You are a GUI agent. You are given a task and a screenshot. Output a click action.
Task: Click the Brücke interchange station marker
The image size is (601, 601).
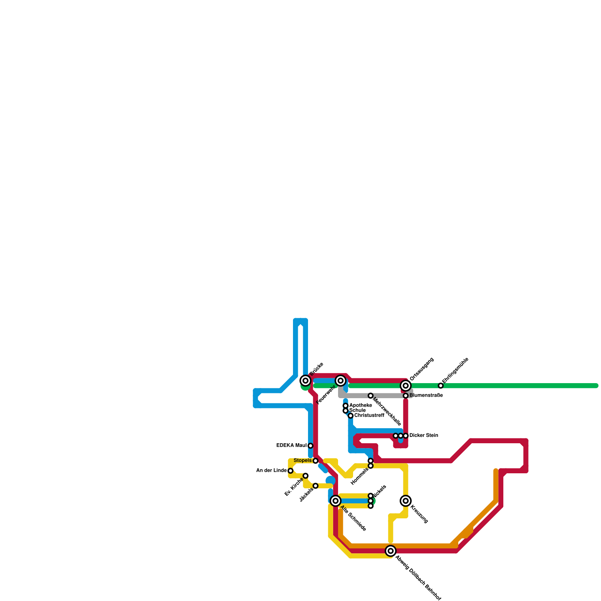[x=306, y=381]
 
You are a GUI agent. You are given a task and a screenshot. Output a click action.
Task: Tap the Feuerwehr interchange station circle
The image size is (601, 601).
[x=341, y=381]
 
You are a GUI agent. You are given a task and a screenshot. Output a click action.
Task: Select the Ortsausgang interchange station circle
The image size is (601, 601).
[x=406, y=386]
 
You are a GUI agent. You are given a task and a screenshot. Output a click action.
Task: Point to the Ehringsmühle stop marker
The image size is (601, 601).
[x=441, y=386]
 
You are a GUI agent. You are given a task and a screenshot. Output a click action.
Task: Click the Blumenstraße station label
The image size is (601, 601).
[x=426, y=396]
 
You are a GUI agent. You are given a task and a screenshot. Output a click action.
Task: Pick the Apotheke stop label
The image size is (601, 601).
[x=361, y=406]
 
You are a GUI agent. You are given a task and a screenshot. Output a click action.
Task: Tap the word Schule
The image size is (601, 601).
[x=357, y=411]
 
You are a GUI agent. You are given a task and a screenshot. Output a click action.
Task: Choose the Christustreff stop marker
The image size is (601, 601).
[x=350, y=416]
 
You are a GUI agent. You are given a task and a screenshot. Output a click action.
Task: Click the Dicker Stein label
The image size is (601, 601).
[x=424, y=436]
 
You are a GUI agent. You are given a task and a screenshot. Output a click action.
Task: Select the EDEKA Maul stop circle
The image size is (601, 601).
[x=311, y=446]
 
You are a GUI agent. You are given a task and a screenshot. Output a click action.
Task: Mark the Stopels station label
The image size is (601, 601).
[x=303, y=461]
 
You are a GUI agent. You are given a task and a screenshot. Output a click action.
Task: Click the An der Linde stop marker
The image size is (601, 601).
[x=290, y=471]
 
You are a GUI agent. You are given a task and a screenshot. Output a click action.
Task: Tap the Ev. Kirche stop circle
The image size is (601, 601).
[x=306, y=476]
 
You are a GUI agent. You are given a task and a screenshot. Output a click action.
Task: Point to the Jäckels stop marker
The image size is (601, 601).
[x=316, y=486]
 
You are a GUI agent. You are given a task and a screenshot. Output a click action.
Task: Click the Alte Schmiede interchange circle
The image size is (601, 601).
[x=336, y=501]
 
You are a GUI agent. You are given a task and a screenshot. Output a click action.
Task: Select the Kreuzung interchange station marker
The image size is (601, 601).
[x=406, y=501]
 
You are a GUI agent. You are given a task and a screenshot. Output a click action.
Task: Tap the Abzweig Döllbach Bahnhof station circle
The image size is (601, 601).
[x=391, y=551]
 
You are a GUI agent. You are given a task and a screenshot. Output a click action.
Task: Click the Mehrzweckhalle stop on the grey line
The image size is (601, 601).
[x=371, y=396]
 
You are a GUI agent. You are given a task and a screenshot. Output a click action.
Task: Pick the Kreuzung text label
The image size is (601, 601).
[x=419, y=514]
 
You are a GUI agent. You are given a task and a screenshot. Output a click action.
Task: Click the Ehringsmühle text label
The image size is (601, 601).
[x=455, y=372]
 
